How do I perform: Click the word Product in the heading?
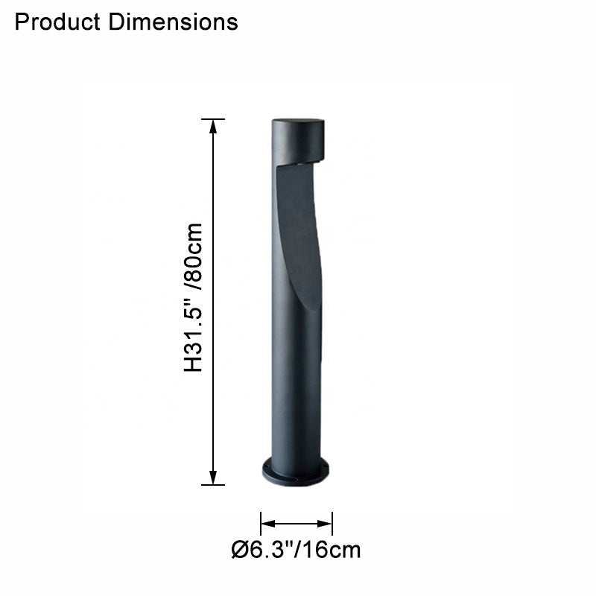tap(58, 22)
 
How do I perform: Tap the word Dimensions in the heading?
tap(173, 22)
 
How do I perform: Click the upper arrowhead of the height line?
tap(213, 126)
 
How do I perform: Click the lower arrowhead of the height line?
tap(213, 478)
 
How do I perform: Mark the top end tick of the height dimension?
tap(213, 118)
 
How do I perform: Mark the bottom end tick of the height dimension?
tap(213, 485)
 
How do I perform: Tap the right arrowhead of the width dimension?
tap(326, 523)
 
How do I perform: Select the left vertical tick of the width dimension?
tap(261, 523)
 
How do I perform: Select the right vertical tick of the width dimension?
tap(332, 523)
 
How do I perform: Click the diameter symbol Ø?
tap(239, 551)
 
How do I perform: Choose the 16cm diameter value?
tap(332, 551)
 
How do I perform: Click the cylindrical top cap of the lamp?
tap(297, 139)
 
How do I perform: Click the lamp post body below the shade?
tap(296, 387)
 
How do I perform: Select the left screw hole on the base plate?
tap(267, 469)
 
